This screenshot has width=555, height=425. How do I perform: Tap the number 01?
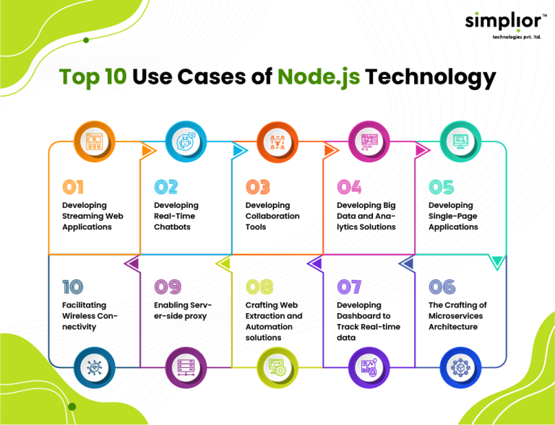(73, 187)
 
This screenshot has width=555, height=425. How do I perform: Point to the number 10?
(73, 287)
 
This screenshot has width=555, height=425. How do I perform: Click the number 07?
(350, 287)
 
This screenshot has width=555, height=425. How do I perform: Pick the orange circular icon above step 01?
(94, 141)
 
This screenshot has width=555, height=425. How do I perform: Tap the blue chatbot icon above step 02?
(186, 141)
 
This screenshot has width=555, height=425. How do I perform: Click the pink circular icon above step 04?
(369, 141)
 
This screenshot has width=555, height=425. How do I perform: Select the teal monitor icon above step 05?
(460, 141)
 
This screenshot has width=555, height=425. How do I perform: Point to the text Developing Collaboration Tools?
(271, 216)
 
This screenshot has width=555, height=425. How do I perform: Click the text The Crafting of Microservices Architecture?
(457, 316)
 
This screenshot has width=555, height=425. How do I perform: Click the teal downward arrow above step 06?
(496, 263)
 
